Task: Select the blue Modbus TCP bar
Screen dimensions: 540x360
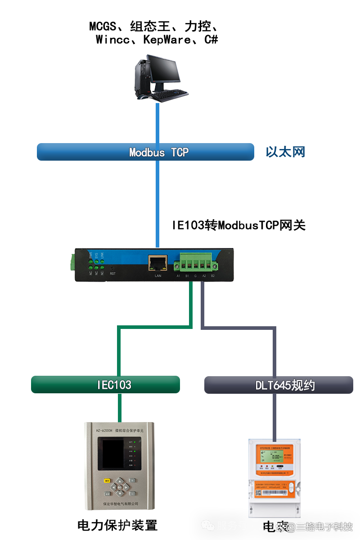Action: [x=145, y=152]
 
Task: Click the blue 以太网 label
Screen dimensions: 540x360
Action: [x=285, y=152]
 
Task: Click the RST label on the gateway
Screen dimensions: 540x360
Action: [x=112, y=273]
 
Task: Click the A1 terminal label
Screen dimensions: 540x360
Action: [x=178, y=275]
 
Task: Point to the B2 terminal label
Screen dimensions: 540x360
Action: [x=213, y=275]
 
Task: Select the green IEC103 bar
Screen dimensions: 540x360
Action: [x=105, y=385]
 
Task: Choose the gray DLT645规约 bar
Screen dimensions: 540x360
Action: [x=279, y=385]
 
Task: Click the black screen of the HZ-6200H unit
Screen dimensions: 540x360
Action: [x=114, y=454]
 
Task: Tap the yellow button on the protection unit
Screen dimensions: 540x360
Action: [x=107, y=481]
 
